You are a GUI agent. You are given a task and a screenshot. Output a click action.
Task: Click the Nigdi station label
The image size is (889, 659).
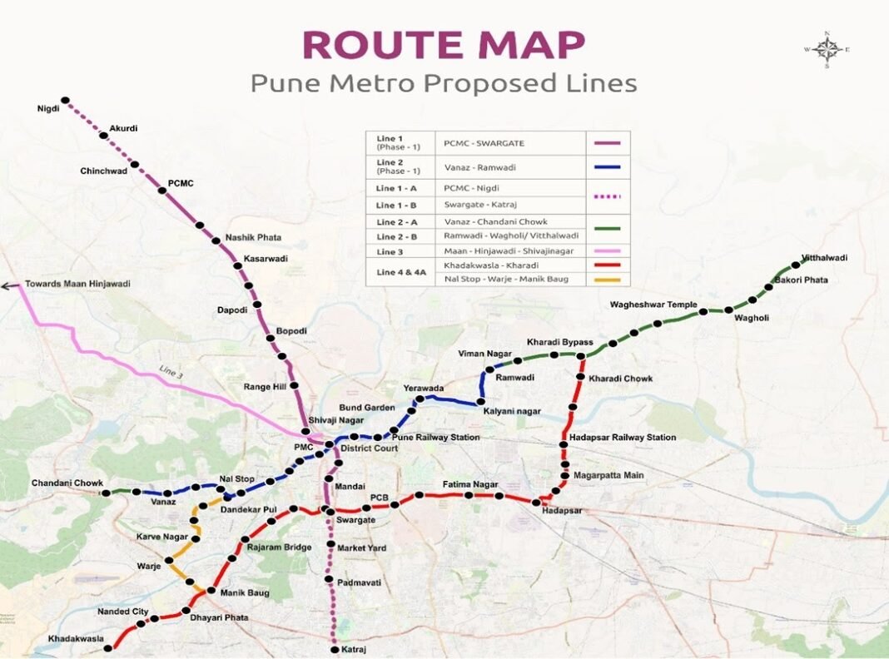[48, 109]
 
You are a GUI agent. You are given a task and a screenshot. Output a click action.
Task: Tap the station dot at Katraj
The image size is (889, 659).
[335, 649]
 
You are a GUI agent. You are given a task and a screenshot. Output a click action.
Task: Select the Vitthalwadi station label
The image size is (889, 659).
[824, 258]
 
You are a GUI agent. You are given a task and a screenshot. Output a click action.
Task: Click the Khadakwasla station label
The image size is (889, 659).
[76, 639]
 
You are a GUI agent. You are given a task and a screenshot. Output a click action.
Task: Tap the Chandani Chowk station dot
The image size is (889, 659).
[106, 493]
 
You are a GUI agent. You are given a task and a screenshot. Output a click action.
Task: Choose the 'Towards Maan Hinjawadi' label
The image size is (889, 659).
[77, 284]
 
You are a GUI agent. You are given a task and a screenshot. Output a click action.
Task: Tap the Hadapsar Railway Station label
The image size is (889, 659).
[623, 438]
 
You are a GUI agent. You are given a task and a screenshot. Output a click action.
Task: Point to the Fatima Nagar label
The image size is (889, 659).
[469, 484]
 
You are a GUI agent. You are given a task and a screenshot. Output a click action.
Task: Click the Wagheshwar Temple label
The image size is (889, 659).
[653, 305]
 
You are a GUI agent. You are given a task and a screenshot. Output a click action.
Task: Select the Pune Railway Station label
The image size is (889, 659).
[435, 438]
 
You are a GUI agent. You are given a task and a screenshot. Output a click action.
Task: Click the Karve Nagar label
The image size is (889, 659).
[162, 537]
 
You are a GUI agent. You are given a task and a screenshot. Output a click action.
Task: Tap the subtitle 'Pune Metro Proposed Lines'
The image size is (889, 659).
[444, 83]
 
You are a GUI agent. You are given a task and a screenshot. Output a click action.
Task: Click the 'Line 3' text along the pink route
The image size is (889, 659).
[171, 371]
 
